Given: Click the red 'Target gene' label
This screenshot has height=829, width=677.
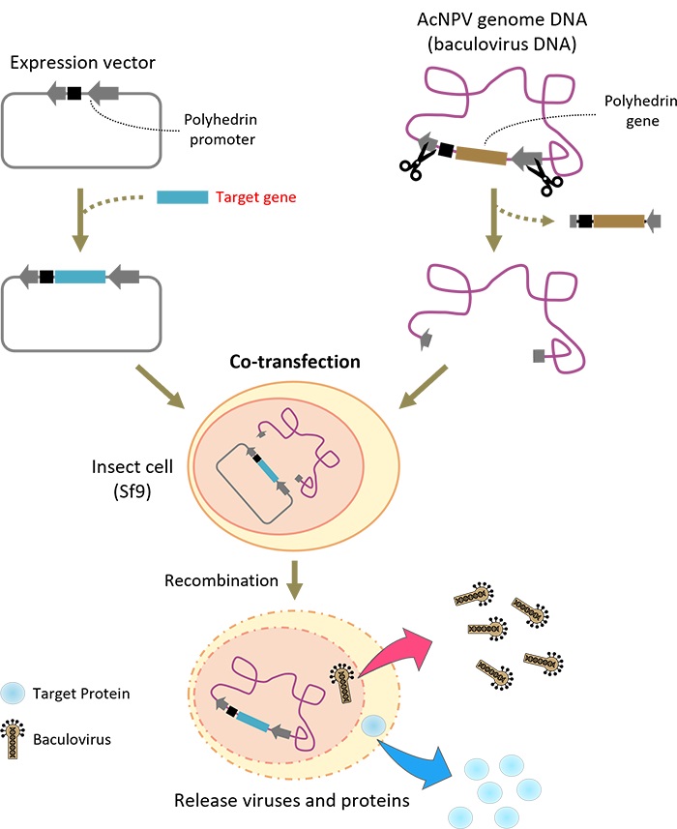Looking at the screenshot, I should pyautogui.click(x=255, y=197).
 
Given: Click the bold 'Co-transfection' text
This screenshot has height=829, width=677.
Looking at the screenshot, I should pyautogui.click(x=295, y=362).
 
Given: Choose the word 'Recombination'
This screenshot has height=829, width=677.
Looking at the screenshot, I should pyautogui.click(x=221, y=581).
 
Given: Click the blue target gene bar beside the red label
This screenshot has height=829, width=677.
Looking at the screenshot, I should pyautogui.click(x=182, y=197).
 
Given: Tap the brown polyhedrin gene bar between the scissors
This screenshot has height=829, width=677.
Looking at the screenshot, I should pyautogui.click(x=481, y=156).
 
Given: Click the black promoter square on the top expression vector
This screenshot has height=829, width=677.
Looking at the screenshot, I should pyautogui.click(x=74, y=93).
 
